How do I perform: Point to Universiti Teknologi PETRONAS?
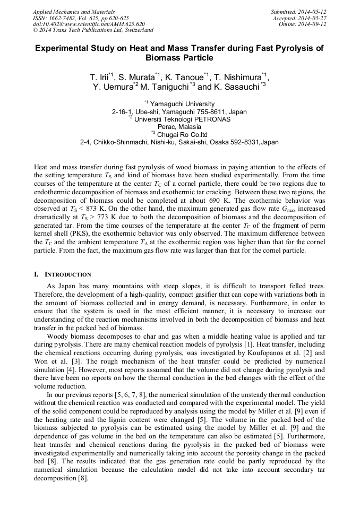182,119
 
